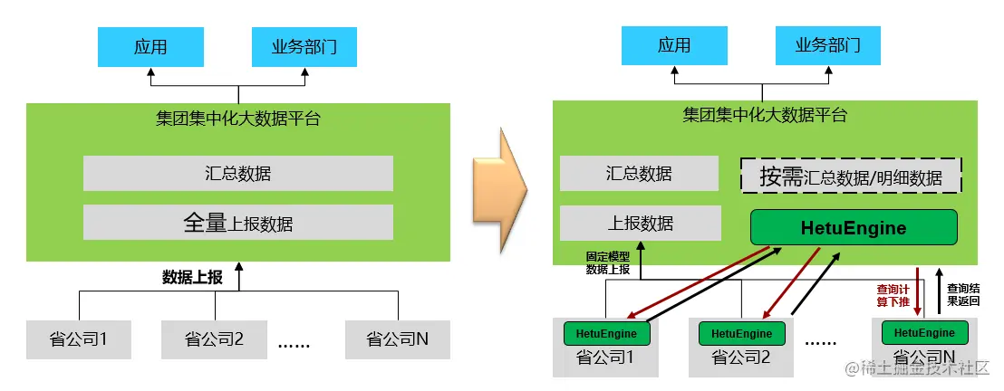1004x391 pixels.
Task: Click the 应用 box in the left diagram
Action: click(x=150, y=47)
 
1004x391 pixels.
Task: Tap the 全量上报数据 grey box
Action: click(x=237, y=222)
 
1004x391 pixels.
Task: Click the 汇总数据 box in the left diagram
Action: click(x=237, y=173)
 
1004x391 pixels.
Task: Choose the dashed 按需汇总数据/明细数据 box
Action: click(x=851, y=176)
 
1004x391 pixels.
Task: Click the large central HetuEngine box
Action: click(x=853, y=227)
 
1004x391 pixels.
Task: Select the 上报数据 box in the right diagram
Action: click(x=640, y=223)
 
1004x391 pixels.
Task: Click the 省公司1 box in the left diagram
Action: click(x=79, y=339)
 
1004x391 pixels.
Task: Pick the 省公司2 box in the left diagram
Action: click(x=214, y=339)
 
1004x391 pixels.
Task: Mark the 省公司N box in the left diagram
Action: click(x=397, y=339)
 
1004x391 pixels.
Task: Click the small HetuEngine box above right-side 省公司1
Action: click(x=606, y=333)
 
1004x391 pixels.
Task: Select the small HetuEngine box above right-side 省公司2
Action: click(x=741, y=333)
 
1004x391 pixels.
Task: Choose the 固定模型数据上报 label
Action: click(x=608, y=262)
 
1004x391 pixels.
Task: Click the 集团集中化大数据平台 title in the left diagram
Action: click(x=237, y=118)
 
